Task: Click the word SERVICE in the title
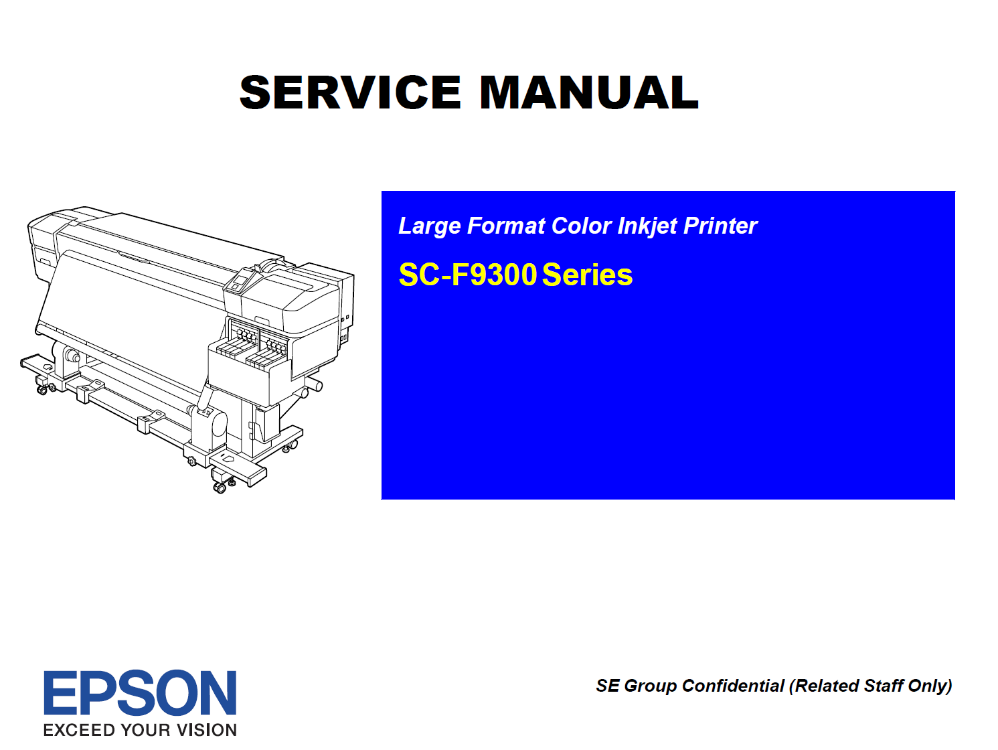click(x=350, y=92)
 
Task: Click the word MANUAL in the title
click(x=589, y=92)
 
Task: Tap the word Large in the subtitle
click(x=430, y=226)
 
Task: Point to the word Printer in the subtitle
click(x=721, y=226)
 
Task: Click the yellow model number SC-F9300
click(x=467, y=275)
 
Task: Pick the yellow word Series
click(x=588, y=275)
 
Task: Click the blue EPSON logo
click(x=140, y=692)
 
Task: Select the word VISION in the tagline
click(x=206, y=731)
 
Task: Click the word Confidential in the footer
click(x=733, y=686)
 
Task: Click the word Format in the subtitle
click(x=506, y=226)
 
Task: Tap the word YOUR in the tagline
click(x=145, y=731)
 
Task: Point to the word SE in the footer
click(x=608, y=686)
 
